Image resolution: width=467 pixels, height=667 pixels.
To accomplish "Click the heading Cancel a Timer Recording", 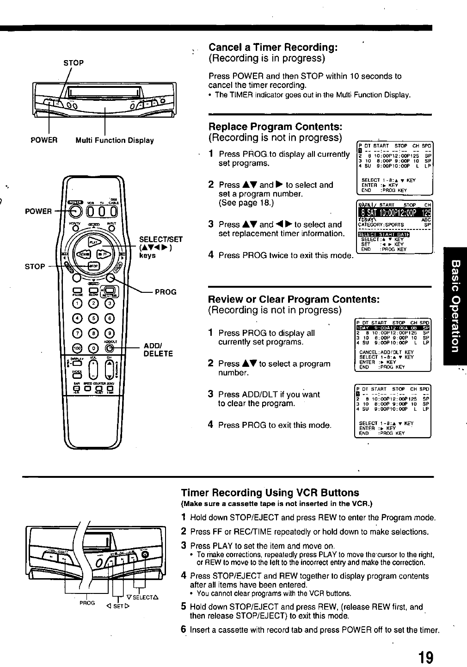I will click(x=273, y=47).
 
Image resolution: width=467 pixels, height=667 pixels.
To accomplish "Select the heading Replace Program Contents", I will click(x=276, y=127).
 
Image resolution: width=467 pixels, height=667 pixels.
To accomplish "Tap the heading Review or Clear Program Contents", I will click(x=294, y=299).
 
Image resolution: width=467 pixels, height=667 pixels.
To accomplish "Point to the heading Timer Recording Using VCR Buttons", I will click(x=270, y=493).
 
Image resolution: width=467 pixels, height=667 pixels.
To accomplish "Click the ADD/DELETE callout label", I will click(x=158, y=350).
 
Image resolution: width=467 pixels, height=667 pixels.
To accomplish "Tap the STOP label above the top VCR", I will click(x=74, y=62).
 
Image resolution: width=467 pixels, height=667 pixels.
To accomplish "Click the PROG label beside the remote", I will click(x=166, y=292).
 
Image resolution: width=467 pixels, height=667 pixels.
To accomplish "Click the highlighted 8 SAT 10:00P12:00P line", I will click(x=394, y=213).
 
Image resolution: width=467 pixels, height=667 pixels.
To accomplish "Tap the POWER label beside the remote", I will click(x=38, y=211).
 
